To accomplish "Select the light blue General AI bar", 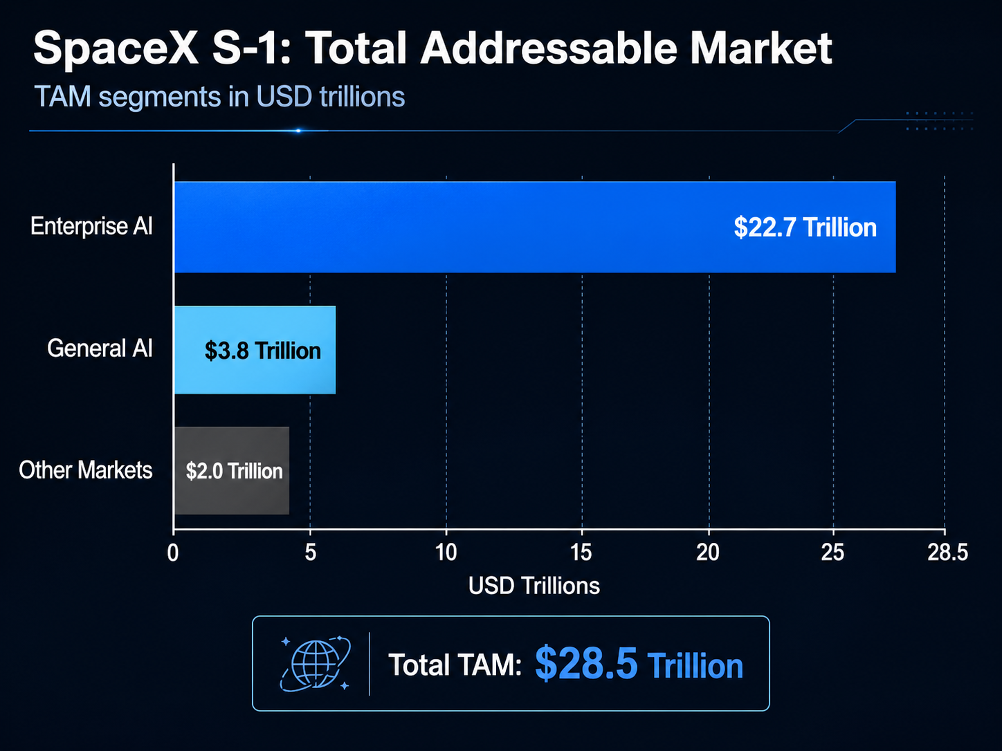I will [255, 350].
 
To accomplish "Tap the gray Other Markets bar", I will [231, 471].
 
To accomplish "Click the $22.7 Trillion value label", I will [805, 228].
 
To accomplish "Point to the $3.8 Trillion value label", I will [262, 351].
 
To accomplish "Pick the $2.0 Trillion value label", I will [234, 472].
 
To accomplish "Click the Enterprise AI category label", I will [91, 226].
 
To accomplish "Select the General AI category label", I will [100, 348].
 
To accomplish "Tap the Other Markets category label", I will [85, 470].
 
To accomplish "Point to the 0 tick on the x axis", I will [173, 553].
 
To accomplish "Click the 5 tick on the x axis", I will [310, 553].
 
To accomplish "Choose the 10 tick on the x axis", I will [446, 553].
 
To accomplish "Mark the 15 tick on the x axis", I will [582, 553].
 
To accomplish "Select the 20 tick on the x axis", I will [708, 553].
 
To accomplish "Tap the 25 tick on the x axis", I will [833, 553].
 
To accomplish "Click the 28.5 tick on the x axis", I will [947, 553].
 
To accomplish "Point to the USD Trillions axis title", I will [534, 586].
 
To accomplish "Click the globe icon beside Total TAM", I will [316, 664].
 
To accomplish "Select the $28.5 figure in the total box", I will [586, 664].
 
